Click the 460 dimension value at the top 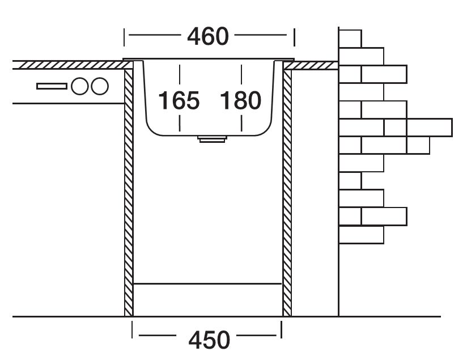[x=207, y=37]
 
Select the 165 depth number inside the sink [x=179, y=101]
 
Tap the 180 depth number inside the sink [x=240, y=101]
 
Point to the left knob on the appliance [x=80, y=86]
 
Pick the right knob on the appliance [x=99, y=86]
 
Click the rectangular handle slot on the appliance [x=52, y=86]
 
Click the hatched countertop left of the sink [x=68, y=65]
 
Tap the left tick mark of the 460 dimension [x=124, y=37]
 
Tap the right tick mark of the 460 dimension [x=294, y=37]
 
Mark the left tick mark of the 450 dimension [x=132, y=331]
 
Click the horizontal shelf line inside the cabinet [x=207, y=282]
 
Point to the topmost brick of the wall [x=350, y=38]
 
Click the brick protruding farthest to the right [x=430, y=128]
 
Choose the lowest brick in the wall [x=361, y=235]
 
